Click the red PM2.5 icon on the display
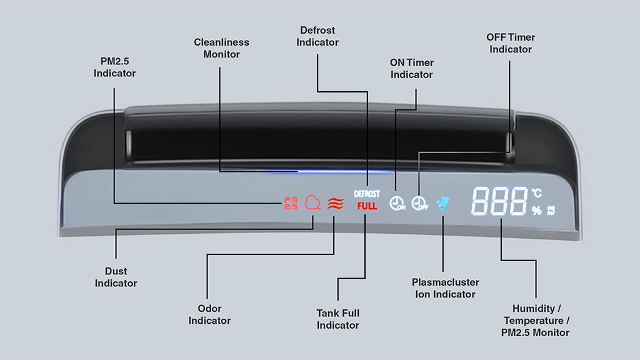[x=291, y=203]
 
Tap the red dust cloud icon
[x=312, y=202]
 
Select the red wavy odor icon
[x=336, y=203]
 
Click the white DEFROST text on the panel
[x=367, y=194]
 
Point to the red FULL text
[x=367, y=206]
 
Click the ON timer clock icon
[x=397, y=203]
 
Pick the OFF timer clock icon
[x=419, y=203]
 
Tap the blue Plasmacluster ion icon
[x=442, y=203]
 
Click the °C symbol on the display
[x=537, y=192]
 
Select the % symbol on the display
[x=537, y=210]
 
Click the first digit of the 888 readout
[x=480, y=201]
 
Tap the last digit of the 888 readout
[x=517, y=201]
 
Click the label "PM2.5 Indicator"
[x=115, y=67]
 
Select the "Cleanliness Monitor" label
[x=222, y=48]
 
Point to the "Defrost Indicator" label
[x=317, y=36]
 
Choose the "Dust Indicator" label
[x=116, y=277]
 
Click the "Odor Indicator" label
[x=209, y=314]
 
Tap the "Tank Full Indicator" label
[x=338, y=319]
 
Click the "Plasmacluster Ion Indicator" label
[x=445, y=288]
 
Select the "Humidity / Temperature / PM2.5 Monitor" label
[x=536, y=321]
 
